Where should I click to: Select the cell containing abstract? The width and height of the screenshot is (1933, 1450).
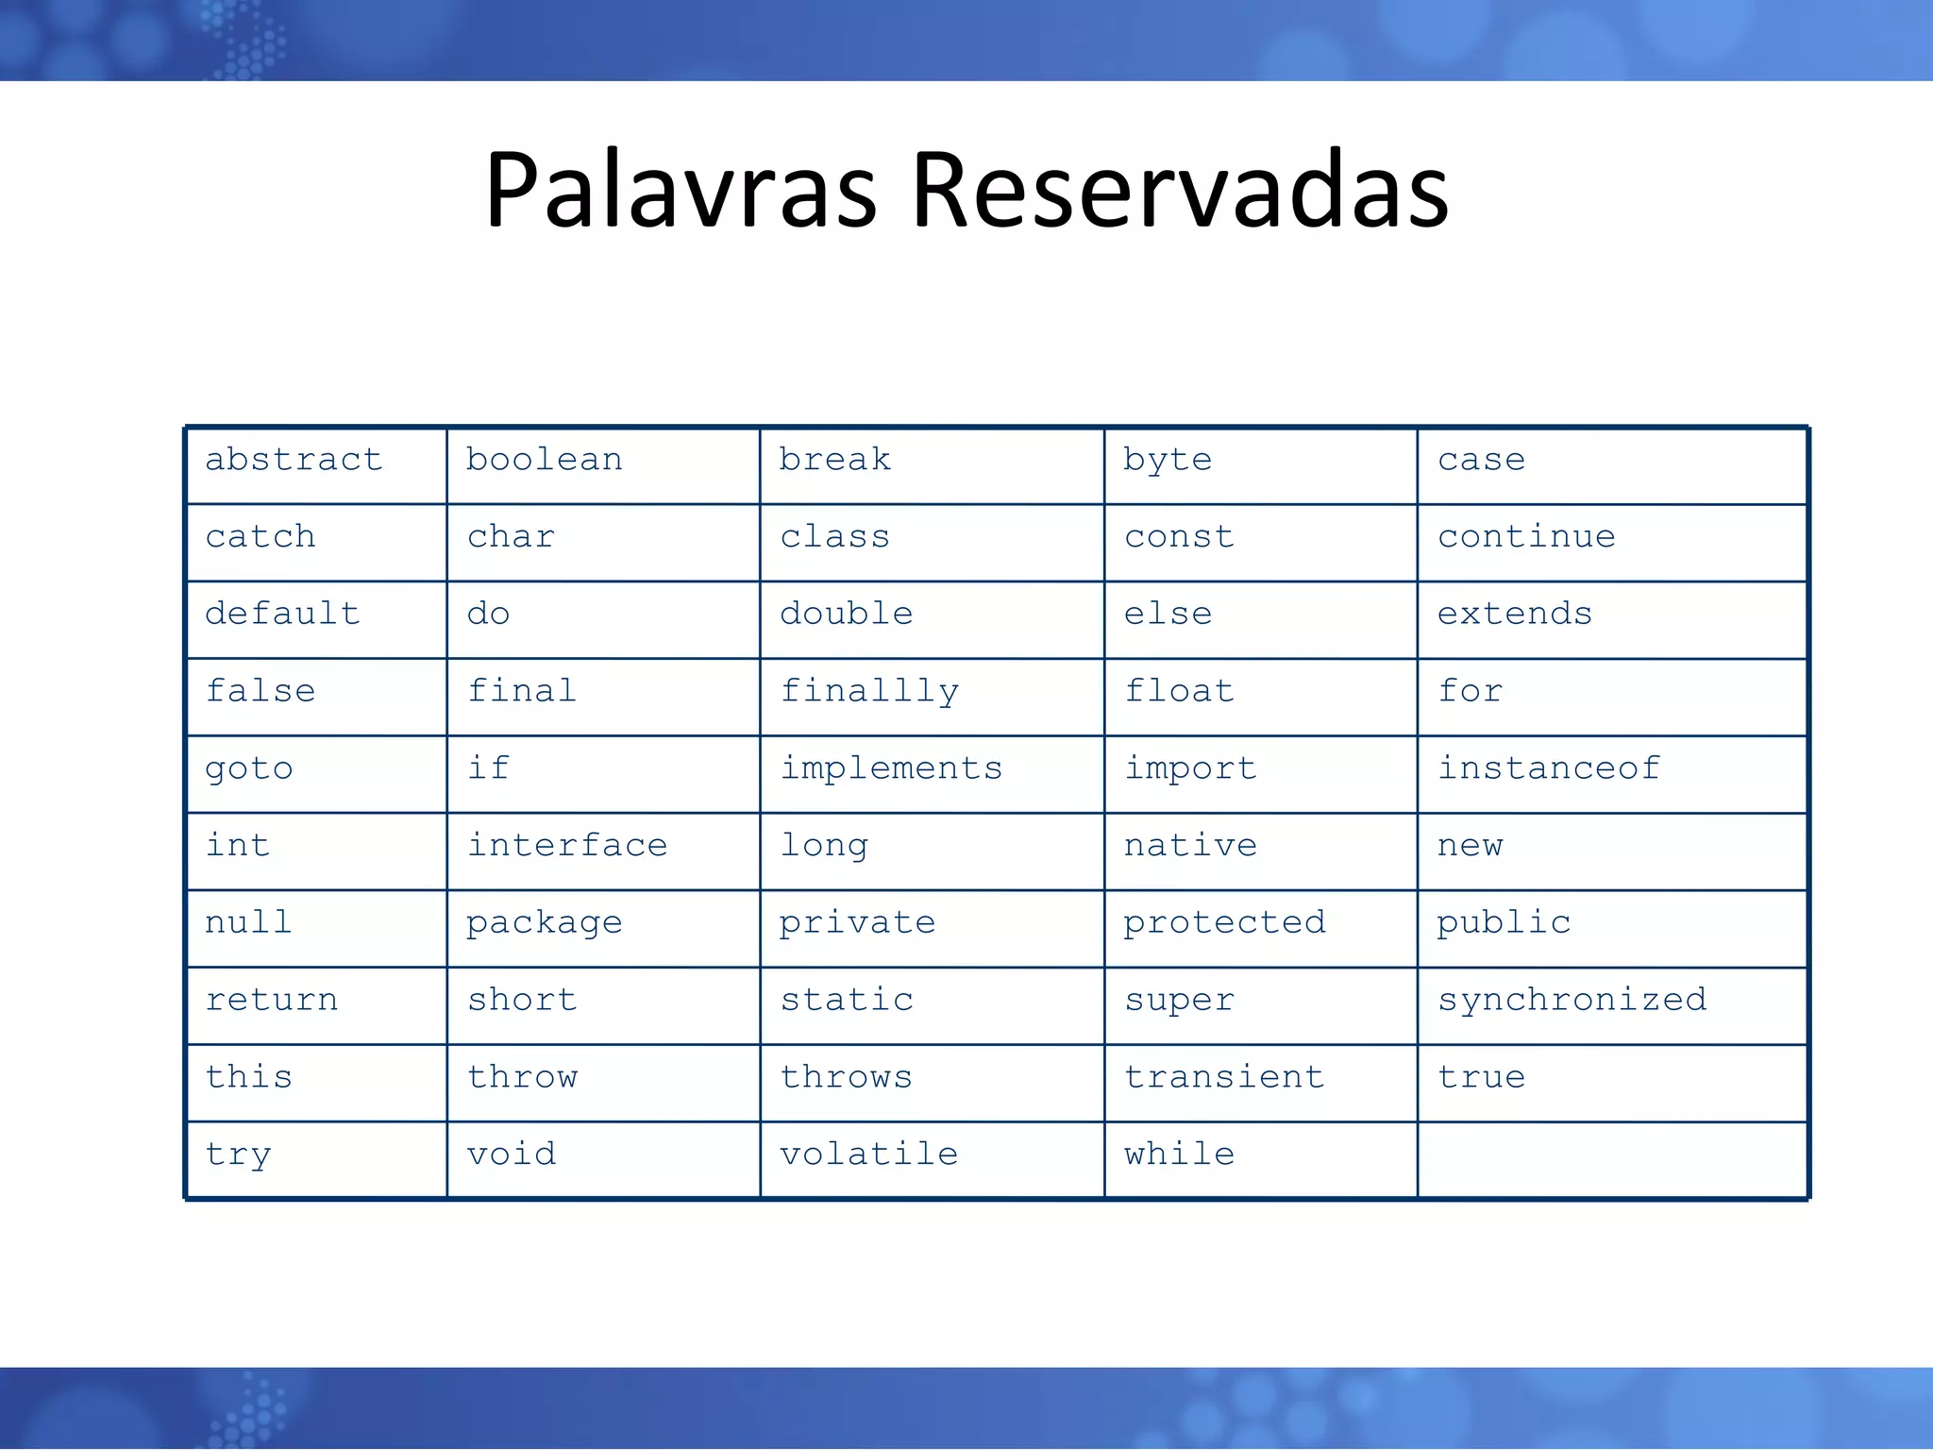294,460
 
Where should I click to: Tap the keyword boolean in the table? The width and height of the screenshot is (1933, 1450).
544,460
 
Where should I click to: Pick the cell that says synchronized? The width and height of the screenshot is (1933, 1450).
1572,1000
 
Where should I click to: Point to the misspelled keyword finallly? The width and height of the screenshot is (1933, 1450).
869,692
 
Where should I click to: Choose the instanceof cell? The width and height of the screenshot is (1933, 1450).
1549,768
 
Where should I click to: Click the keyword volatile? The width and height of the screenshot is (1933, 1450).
869,1155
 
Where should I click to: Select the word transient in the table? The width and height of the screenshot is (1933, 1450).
1224,1077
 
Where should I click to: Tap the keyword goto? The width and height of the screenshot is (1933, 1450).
249,768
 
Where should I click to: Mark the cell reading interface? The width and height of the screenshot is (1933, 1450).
567,846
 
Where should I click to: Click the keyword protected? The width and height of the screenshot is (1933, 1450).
1224,922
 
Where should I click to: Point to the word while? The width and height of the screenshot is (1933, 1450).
1179,1155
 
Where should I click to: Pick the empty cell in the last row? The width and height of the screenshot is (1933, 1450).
1612,1160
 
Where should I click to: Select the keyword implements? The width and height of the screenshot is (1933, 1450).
891,768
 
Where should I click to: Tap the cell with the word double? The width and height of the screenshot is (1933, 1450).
847,615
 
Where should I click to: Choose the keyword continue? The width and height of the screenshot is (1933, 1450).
1526,537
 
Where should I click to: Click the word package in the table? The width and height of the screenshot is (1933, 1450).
544,923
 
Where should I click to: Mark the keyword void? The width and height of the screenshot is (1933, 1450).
512,1155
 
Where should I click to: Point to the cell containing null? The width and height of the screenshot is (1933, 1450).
248,922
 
